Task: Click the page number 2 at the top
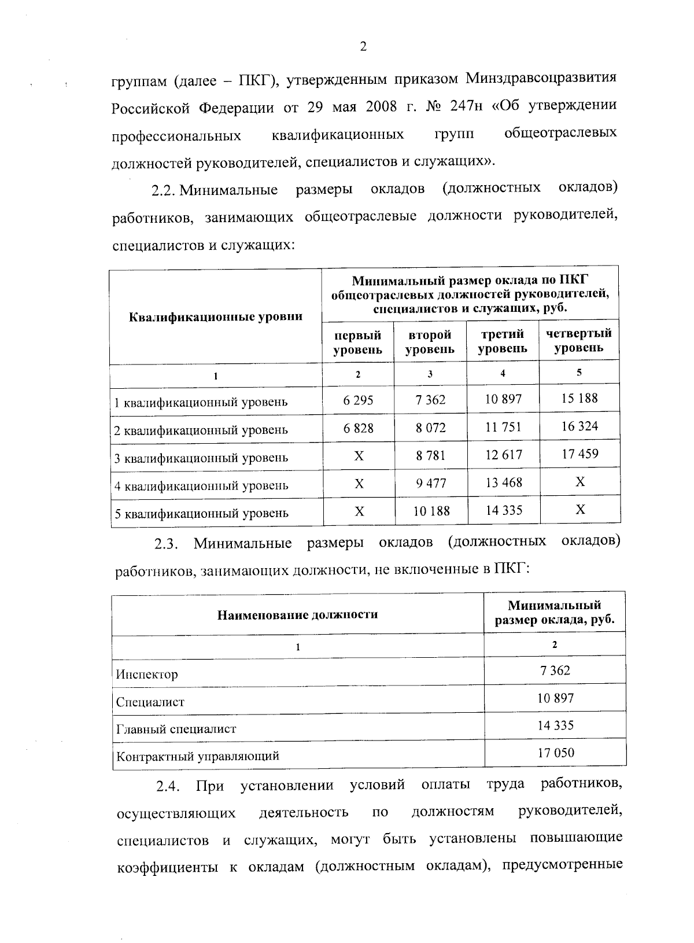tap(363, 47)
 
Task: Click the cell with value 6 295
tap(358, 400)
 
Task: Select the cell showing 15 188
tap(579, 398)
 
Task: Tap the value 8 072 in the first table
tap(430, 428)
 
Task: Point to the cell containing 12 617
tap(503, 455)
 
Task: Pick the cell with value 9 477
tap(431, 483)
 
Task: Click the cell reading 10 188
tap(431, 511)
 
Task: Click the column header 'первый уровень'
tap(358, 342)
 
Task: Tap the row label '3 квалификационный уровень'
tap(201, 458)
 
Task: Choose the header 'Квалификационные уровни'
tap(215, 316)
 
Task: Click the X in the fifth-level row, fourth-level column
tap(580, 509)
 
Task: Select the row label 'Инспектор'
tap(147, 675)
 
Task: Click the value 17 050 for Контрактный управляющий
tap(555, 753)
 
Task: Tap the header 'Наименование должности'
tap(297, 614)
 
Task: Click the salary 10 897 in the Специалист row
tap(555, 698)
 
